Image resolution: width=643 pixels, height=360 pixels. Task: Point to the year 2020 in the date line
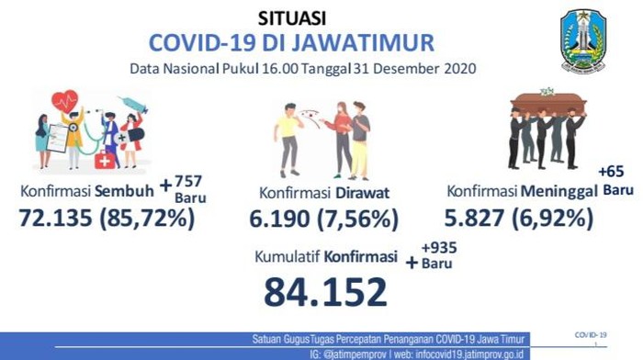coord(458,69)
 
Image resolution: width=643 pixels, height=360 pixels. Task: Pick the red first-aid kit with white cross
coord(106,162)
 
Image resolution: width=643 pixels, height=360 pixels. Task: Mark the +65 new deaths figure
coord(610,172)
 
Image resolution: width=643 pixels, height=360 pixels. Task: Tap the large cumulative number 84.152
coord(325,291)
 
